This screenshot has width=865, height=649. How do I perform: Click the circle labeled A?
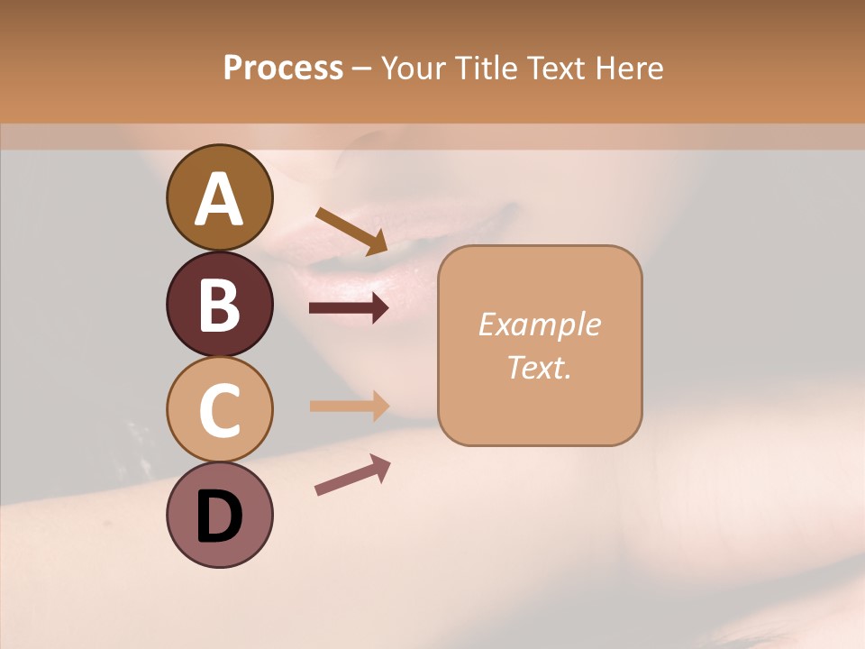click(x=219, y=197)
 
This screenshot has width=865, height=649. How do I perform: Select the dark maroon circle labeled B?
click(x=219, y=304)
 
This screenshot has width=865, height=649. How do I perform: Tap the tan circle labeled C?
click(x=219, y=410)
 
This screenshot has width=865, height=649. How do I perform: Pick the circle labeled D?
click(x=219, y=516)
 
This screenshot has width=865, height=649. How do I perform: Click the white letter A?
click(x=220, y=198)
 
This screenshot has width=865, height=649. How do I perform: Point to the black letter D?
click(x=220, y=517)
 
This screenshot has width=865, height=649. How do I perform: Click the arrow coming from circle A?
click(x=351, y=231)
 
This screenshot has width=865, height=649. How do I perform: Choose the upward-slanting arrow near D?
click(x=352, y=475)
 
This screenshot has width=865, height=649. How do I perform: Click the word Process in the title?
click(x=283, y=69)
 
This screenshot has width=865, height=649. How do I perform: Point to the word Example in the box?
click(x=539, y=324)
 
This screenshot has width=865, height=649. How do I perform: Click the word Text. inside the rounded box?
click(x=539, y=367)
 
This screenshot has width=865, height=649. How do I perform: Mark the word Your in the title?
click(x=414, y=69)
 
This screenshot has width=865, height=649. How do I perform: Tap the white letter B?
click(x=220, y=305)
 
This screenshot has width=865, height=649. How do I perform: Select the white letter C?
click(x=220, y=411)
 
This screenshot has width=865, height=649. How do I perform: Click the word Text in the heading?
click(x=552, y=69)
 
